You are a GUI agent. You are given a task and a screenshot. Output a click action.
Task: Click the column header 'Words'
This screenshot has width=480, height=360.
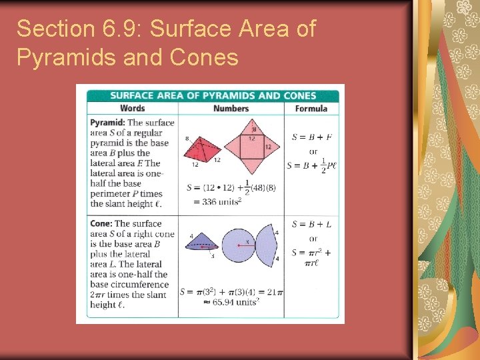click(x=132, y=108)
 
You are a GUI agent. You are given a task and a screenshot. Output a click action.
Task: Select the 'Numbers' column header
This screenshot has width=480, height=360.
click(x=231, y=108)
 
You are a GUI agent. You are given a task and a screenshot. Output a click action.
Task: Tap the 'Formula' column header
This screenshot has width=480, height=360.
click(x=311, y=108)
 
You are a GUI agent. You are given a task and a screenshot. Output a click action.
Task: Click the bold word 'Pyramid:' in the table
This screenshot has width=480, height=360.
click(x=107, y=123)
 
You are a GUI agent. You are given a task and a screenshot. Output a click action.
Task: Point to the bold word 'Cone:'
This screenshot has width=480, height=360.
click(x=101, y=224)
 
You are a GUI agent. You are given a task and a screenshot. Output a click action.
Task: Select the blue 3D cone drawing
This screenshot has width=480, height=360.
click(x=201, y=244)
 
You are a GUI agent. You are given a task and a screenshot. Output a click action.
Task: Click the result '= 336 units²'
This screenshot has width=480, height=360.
click(x=216, y=201)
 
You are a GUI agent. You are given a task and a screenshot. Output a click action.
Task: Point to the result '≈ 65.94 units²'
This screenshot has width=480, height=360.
click(x=231, y=301)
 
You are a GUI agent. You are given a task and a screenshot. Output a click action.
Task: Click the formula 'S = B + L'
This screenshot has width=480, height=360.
click(x=311, y=224)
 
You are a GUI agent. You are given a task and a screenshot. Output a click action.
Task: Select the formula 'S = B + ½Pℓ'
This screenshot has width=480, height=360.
click(x=311, y=165)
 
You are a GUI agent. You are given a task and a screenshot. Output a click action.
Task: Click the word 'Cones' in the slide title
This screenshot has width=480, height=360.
click(x=204, y=58)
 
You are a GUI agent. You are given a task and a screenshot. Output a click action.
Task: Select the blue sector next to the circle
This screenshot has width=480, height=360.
click(x=270, y=245)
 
